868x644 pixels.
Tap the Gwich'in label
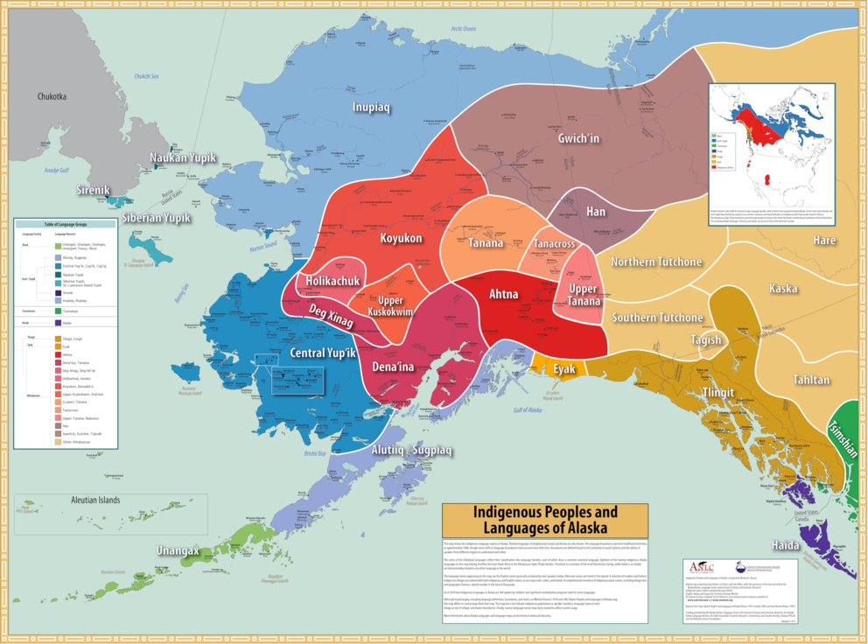579,138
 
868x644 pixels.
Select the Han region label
595,211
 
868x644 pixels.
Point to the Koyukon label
402,237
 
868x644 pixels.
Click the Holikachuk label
333,280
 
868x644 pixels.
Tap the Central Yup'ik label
323,353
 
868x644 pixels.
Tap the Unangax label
178,550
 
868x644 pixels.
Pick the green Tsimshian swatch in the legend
57,310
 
